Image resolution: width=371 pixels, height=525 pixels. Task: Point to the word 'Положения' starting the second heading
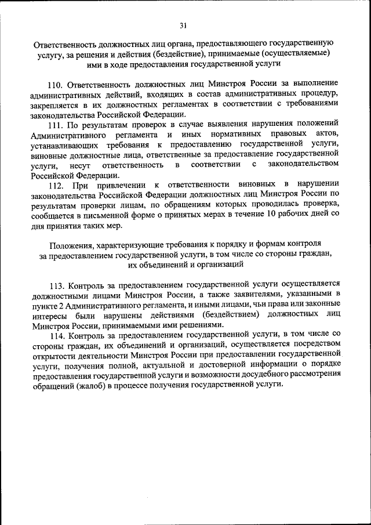[x=71, y=245]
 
